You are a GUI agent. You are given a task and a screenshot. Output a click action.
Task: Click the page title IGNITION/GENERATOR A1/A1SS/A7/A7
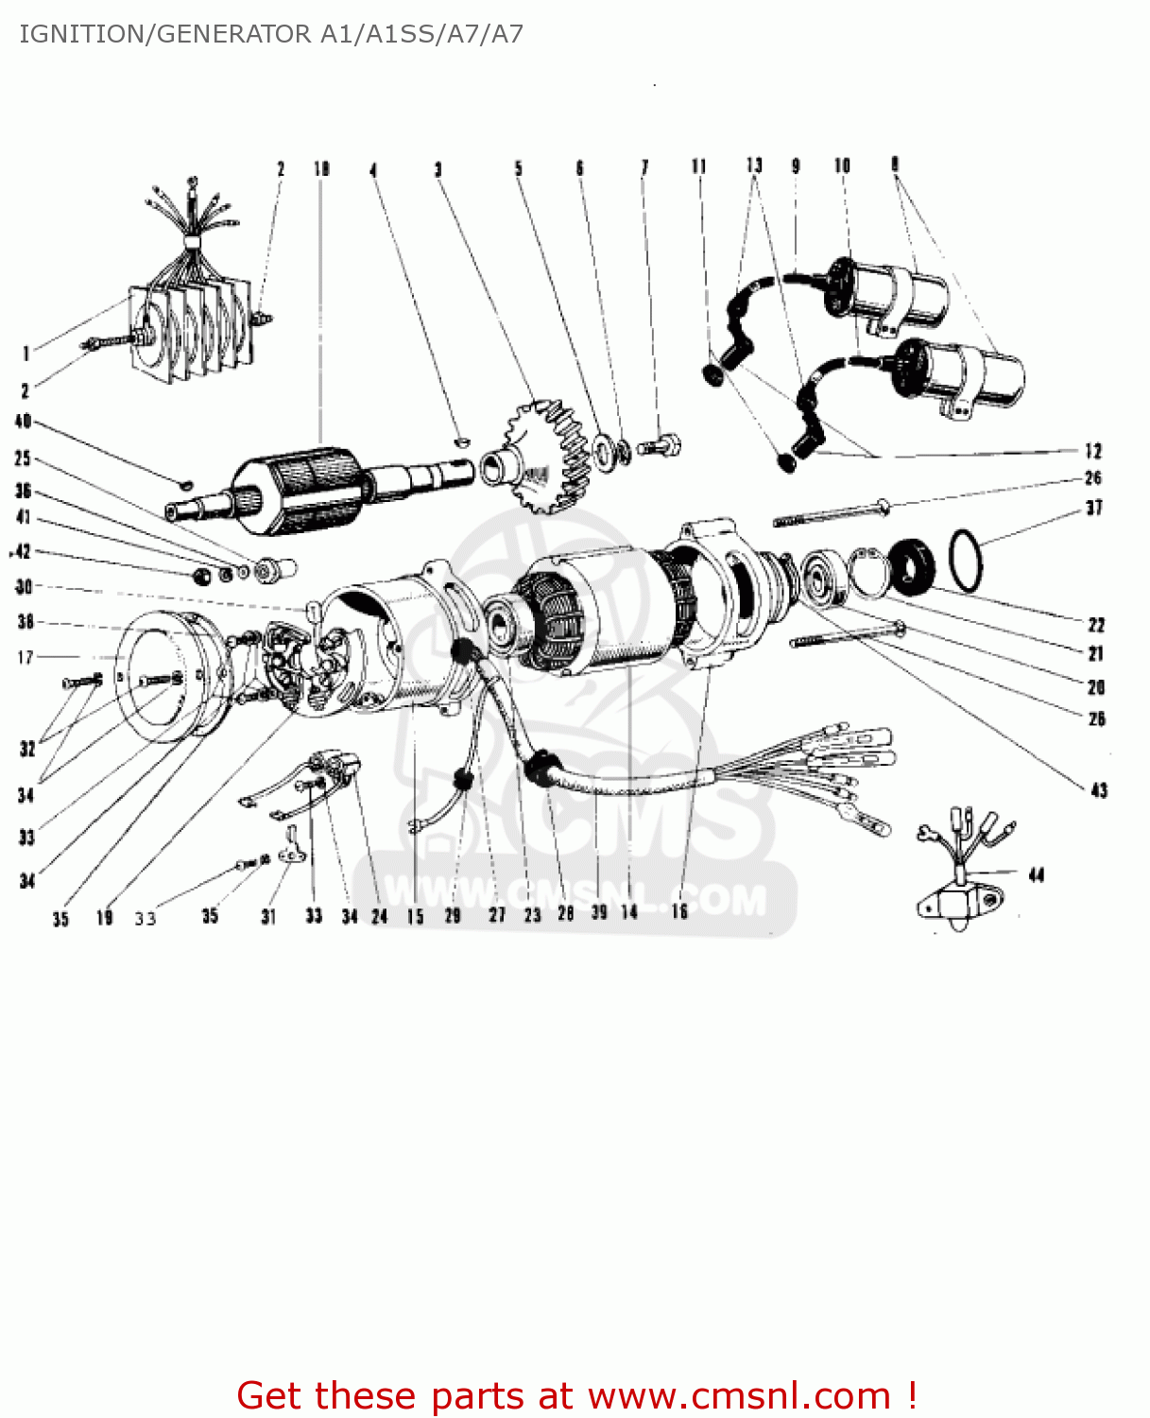(271, 35)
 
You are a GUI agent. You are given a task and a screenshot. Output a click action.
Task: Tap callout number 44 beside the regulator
(1037, 875)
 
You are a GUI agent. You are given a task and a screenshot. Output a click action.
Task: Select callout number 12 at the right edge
(1093, 451)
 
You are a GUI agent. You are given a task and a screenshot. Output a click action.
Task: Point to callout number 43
(1099, 790)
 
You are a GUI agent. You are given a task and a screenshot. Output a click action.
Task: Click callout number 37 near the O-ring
(1094, 508)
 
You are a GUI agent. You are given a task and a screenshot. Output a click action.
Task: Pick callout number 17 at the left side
(26, 657)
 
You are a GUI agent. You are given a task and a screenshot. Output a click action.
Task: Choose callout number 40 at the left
(24, 422)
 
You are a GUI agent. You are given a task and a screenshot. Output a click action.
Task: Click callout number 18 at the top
(322, 169)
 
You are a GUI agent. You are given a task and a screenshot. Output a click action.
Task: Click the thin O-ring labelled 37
(965, 560)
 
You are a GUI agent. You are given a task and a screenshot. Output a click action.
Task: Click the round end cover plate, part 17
(170, 677)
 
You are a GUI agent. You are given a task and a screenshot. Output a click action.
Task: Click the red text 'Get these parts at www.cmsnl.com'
(576, 1395)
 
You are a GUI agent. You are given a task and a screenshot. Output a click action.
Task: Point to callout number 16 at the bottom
(679, 911)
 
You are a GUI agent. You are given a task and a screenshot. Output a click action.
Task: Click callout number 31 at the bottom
(268, 916)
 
